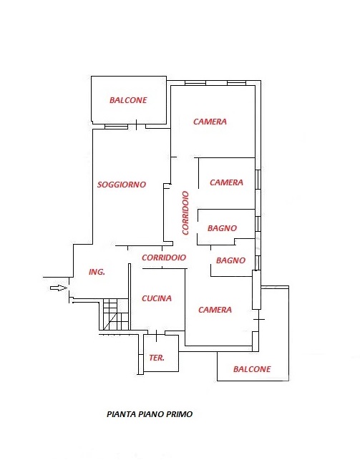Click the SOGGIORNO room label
tap(122, 185)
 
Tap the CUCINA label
tap(157, 298)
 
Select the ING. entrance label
tap(97, 272)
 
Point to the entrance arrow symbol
tap(59, 288)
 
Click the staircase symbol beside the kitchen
tap(116, 314)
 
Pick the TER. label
tap(157, 358)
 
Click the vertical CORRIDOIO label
tap(185, 213)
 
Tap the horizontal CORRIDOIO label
tap(164, 258)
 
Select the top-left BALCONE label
tap(128, 100)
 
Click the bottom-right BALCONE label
tap(252, 369)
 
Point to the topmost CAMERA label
tap(210, 122)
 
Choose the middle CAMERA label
tap(226, 182)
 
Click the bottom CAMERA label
tap(215, 310)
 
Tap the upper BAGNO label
tap(222, 228)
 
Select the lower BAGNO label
tap(231, 260)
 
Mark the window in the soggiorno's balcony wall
tap(117, 127)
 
